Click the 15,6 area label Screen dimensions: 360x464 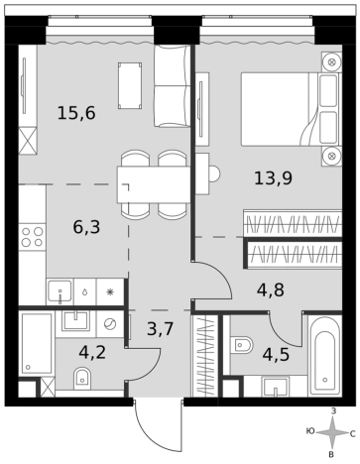[x=76, y=113]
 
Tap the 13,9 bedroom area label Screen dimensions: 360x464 [x=273, y=178]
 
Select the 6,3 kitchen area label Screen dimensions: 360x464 [x=86, y=227]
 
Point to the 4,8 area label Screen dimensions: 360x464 [x=271, y=290]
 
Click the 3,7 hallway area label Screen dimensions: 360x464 [x=161, y=329]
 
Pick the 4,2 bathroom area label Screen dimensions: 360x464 [x=92, y=352]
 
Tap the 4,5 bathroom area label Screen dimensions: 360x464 [x=276, y=355]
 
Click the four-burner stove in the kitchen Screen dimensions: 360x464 [x=32, y=237]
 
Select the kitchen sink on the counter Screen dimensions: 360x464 [x=60, y=291]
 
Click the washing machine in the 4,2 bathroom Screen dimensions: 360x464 [x=110, y=324]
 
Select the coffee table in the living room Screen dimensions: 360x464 [x=130, y=85]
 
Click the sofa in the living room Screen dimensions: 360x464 [x=173, y=86]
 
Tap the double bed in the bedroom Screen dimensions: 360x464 [x=290, y=109]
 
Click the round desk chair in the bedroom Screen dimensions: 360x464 [x=214, y=173]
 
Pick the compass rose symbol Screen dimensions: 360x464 [x=331, y=433]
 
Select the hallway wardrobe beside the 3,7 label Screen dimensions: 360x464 [x=205, y=355]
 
